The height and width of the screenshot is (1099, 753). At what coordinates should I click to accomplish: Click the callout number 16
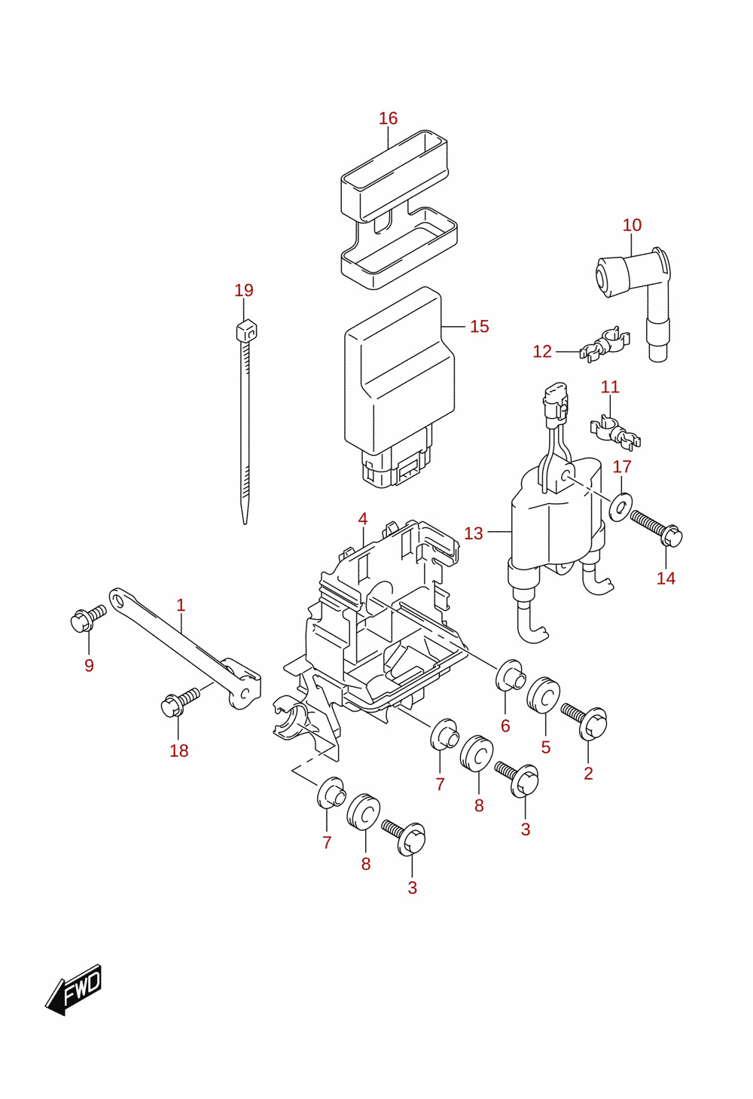(388, 118)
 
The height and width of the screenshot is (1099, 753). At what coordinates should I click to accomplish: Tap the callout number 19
(244, 291)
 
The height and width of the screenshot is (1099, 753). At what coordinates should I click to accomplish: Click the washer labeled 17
(620, 507)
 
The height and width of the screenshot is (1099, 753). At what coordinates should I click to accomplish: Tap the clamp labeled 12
(605, 344)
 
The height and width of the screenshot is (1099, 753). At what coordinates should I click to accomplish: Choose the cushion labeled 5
(543, 694)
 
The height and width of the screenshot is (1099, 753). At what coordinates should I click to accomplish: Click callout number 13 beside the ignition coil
(474, 533)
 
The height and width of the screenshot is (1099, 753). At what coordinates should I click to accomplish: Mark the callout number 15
(480, 327)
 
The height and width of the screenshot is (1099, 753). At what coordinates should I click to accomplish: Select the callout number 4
(362, 518)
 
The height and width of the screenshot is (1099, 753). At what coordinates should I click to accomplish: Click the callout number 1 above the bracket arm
(181, 606)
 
